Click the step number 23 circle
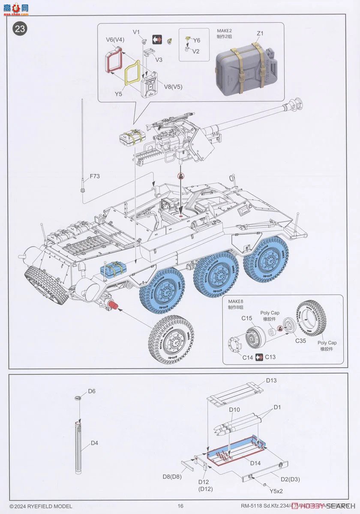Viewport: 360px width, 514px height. tap(20, 29)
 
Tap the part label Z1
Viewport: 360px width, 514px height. tap(260, 33)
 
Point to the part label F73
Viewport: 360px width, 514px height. tap(96, 176)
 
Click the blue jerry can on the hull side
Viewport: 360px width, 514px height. tap(112, 269)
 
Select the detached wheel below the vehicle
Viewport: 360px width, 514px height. tap(171, 340)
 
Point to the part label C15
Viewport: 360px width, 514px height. tap(246, 318)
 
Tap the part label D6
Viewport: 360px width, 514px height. tap(92, 391)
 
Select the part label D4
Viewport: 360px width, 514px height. tap(94, 443)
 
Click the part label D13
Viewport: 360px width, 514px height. tap(271, 380)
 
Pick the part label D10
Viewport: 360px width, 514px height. tap(234, 410)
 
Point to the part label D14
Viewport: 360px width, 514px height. tap(255, 463)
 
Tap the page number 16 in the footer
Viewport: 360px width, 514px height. tap(180, 506)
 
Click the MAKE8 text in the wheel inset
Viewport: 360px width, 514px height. tap(235, 302)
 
